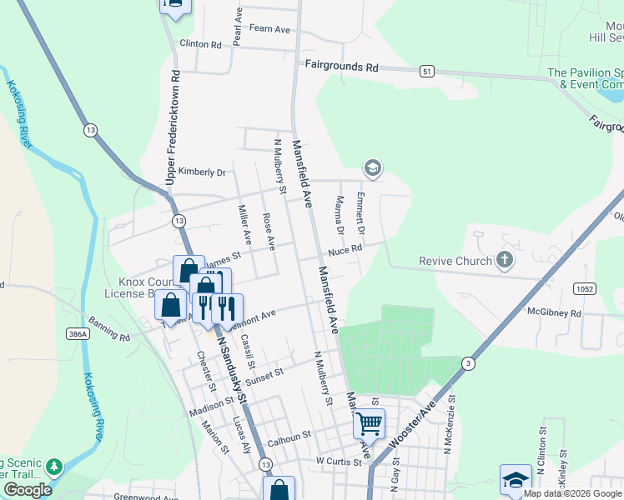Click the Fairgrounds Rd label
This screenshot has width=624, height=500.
[x=341, y=65]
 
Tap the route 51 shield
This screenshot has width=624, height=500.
[x=428, y=72]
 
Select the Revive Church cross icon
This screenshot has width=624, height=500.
[x=504, y=261]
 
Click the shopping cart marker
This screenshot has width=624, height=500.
[x=369, y=423]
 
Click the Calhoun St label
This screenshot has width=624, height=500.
[x=289, y=435]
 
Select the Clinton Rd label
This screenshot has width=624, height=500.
[x=200, y=44]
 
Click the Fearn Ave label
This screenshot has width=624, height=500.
[x=269, y=29]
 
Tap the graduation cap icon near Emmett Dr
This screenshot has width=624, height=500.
[x=372, y=168]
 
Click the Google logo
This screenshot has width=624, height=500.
[x=28, y=490]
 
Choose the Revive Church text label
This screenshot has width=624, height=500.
[x=455, y=261]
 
